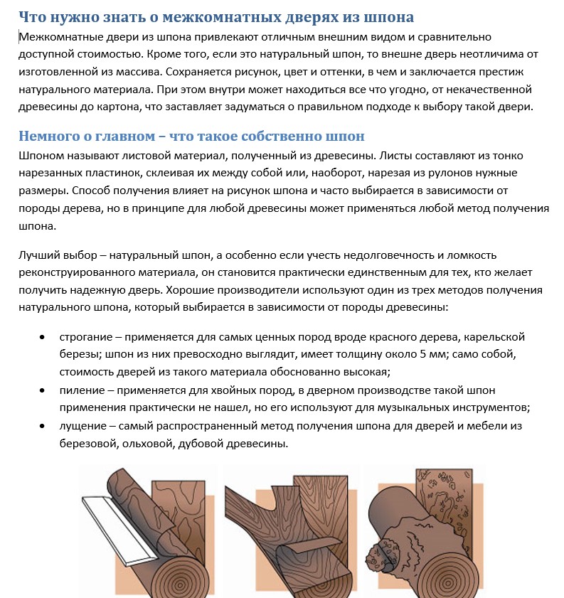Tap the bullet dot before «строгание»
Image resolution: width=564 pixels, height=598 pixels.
(x=44, y=336)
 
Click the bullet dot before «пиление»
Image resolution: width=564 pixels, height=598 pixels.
(x=44, y=390)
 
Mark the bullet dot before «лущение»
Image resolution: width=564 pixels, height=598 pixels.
(x=44, y=425)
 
